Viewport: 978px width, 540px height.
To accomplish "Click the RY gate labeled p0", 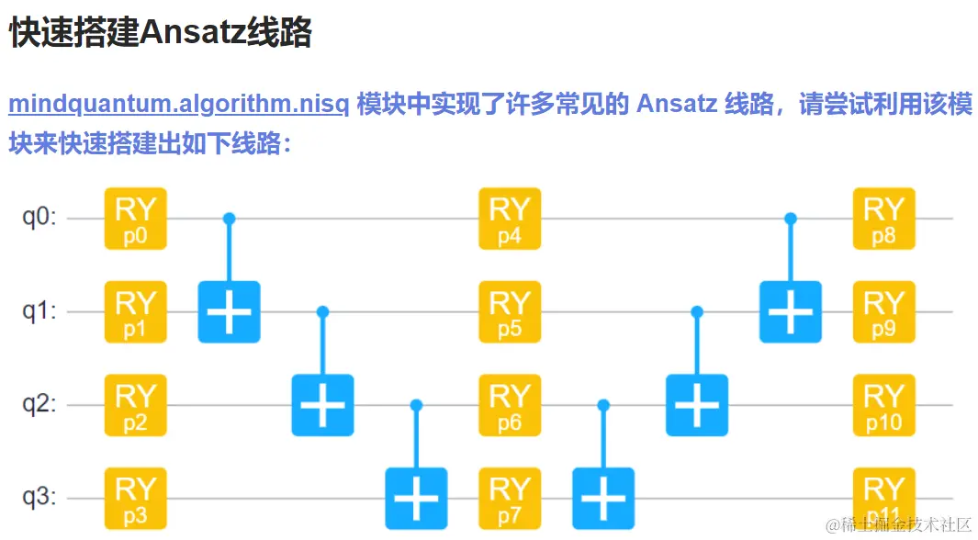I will click(x=135, y=219).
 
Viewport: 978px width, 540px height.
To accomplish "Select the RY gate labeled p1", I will click(x=135, y=311).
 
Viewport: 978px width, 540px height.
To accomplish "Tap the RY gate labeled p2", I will click(x=135, y=405).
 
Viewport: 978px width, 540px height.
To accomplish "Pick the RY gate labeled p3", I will click(x=135, y=498).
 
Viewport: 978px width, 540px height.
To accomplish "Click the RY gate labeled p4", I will click(x=510, y=219).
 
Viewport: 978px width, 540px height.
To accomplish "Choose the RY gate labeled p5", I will click(x=510, y=311).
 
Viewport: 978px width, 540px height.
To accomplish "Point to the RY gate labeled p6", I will click(x=510, y=405).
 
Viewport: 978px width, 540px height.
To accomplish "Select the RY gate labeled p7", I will click(x=510, y=498).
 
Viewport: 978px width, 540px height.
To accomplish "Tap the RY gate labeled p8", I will click(x=884, y=219).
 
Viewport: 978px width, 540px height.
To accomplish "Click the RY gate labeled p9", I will click(x=884, y=311).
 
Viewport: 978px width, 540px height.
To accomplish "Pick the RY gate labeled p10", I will click(x=884, y=405).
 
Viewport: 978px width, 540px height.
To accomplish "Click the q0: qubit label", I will click(x=39, y=219).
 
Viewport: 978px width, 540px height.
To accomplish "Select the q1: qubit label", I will click(x=39, y=311).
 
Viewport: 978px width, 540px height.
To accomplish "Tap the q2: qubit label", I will click(x=39, y=405).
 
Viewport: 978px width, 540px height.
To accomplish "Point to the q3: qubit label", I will click(x=39, y=498).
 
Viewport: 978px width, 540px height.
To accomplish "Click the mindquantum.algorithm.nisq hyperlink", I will click(x=178, y=104).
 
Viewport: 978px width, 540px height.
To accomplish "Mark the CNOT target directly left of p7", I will click(x=416, y=498).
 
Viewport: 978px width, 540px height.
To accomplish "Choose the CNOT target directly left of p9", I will click(x=791, y=311).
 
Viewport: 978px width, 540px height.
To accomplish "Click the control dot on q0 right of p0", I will click(x=230, y=219).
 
